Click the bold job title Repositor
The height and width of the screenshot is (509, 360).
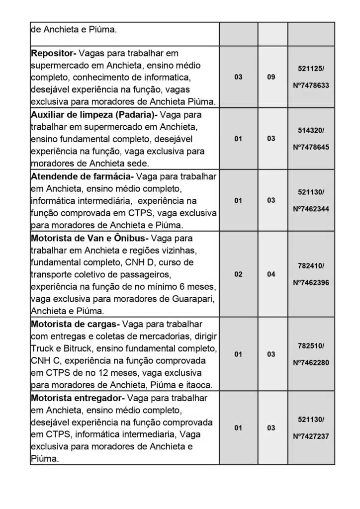(53, 53)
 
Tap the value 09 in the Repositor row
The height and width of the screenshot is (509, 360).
(271, 77)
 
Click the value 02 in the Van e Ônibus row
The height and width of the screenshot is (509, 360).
(238, 274)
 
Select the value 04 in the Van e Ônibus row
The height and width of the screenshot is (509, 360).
(271, 274)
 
